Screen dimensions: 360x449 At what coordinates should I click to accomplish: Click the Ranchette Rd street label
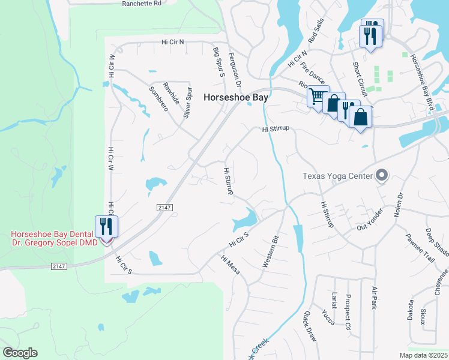click(x=142, y=3)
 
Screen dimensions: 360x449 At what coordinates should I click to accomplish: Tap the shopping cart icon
click(x=317, y=96)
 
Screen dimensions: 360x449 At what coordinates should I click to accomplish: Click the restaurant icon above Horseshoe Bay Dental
click(x=106, y=227)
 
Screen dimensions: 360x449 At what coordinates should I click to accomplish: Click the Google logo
click(x=19, y=353)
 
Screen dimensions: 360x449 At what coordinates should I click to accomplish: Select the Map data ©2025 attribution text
click(x=423, y=355)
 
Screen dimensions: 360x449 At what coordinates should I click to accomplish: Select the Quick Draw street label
click(x=310, y=327)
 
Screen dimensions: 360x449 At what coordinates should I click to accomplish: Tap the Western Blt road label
click(x=271, y=252)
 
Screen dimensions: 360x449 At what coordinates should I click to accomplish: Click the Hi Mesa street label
click(x=231, y=265)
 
